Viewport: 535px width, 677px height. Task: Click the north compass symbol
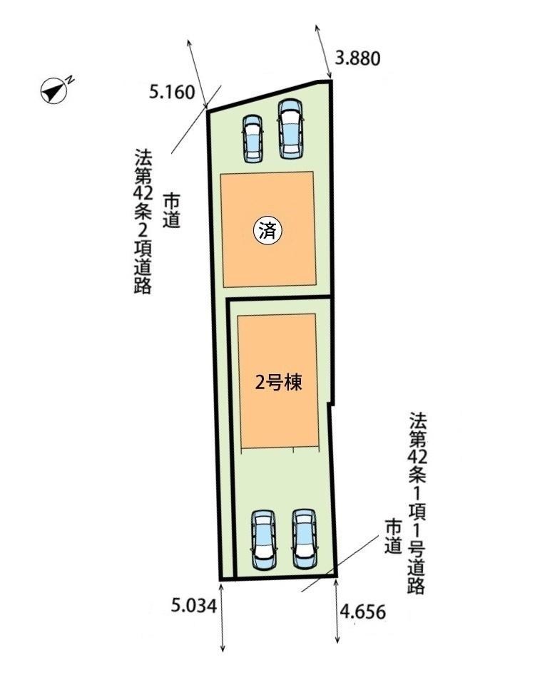coord(53,91)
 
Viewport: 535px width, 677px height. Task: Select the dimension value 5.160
coord(172,92)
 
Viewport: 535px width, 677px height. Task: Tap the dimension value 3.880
coord(358,58)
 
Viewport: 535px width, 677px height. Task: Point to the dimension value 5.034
coord(193,606)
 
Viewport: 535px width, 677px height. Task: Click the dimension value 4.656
coord(362,611)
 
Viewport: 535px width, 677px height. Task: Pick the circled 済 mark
coord(267,232)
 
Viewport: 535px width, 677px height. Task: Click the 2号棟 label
coord(278,383)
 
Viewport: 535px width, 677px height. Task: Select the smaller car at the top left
coord(253,138)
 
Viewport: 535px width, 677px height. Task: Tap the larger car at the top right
coord(290,129)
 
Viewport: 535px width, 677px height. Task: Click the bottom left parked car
coord(264,539)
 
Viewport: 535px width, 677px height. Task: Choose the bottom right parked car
coord(304,539)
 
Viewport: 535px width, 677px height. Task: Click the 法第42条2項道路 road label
coord(143,222)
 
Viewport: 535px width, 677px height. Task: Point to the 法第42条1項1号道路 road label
coord(417,503)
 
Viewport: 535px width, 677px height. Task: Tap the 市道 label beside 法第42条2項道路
coord(172,211)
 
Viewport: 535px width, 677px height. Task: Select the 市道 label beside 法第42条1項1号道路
coord(393,537)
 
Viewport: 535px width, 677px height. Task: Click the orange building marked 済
coord(268,229)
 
